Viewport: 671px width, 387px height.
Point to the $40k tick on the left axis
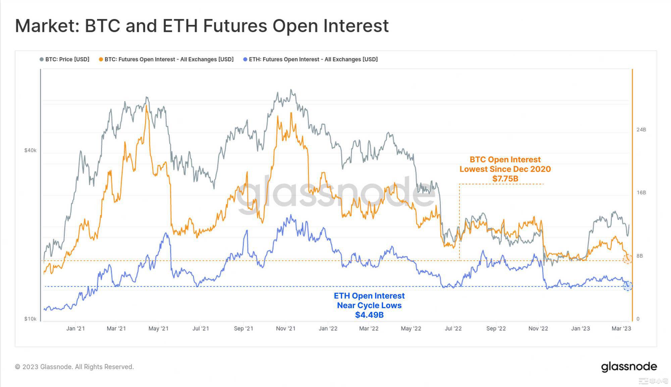30,150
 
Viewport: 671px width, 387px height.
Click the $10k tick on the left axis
30,319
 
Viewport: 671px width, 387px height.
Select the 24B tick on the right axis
641,130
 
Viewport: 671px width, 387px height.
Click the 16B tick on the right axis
641,192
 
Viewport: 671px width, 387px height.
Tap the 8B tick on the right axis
640,256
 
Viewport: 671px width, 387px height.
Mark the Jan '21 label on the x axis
75,329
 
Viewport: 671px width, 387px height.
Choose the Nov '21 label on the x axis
286,329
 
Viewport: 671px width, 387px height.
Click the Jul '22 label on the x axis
453,329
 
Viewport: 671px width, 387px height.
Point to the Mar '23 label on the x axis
621,329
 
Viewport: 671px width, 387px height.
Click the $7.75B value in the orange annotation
505,179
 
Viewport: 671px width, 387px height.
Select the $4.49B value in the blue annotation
369,315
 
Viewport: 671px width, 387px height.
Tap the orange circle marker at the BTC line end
627,259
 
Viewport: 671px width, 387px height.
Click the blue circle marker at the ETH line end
627,286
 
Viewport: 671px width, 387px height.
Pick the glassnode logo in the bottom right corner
629,367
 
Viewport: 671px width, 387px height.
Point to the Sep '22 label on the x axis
496,329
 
